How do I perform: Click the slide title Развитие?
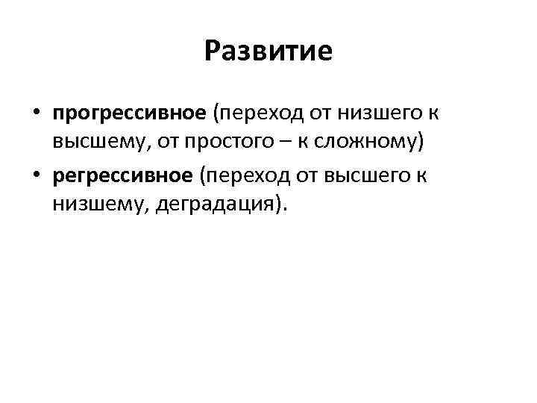[x=268, y=52]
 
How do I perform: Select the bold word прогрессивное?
[x=129, y=113]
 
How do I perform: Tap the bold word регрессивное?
[x=123, y=175]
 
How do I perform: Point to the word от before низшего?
[x=319, y=113]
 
